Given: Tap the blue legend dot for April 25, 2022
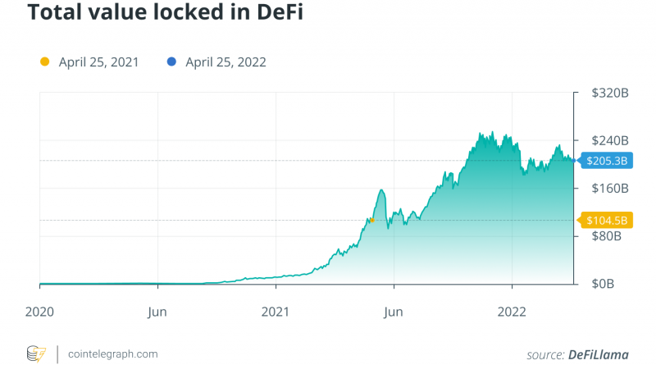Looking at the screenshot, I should coord(171,62).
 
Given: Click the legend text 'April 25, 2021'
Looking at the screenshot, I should coord(98,62).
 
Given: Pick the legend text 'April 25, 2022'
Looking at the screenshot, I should coord(225,62).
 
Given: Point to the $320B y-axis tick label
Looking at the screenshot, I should coord(610,94).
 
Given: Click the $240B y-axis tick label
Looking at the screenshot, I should coord(610,141).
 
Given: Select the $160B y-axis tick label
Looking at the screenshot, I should coord(610,189).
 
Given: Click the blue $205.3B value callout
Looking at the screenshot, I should coord(608,162).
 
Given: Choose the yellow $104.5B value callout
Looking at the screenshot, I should coord(608,220).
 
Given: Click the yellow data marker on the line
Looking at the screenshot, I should coord(371,220).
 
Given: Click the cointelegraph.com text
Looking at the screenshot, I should coord(112,354).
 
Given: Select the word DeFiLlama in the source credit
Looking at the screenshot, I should coord(598,354).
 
